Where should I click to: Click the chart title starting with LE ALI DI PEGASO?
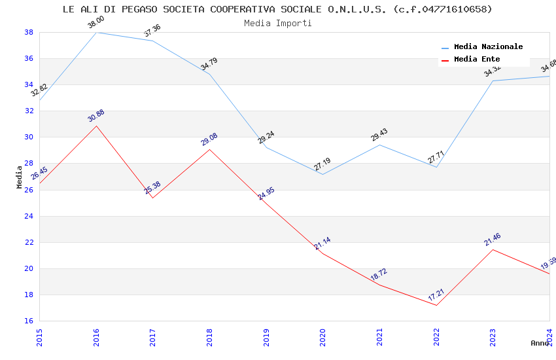277,9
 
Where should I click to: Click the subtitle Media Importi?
277,23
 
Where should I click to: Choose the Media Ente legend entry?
477,59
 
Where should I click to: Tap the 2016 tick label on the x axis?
96,337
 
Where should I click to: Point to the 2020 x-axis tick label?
323,337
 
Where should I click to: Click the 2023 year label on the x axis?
493,337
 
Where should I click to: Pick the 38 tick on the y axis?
29,32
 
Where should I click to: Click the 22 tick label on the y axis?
29,242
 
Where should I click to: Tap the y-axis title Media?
20,177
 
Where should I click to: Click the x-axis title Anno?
540,343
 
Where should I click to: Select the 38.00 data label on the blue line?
96,23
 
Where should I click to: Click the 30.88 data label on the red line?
96,116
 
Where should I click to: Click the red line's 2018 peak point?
209,149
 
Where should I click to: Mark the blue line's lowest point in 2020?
322,174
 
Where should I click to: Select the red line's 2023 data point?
493,249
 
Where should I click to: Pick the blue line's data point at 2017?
152,41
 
